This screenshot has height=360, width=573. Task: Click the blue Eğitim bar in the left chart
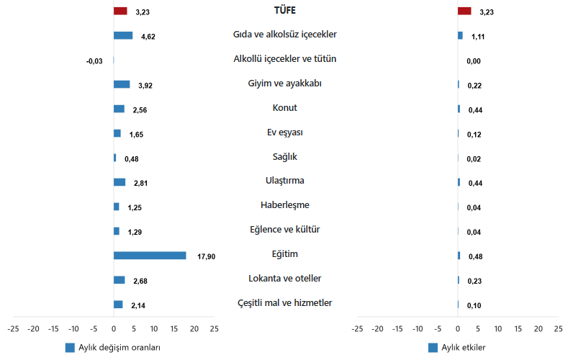click(x=150, y=255)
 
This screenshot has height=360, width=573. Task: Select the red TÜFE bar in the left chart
click(x=120, y=11)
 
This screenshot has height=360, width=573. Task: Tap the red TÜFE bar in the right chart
click(x=464, y=11)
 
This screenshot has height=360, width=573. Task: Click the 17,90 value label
click(x=206, y=256)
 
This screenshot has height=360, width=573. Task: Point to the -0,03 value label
click(x=94, y=61)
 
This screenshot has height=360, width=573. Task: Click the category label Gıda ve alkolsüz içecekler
click(x=285, y=34)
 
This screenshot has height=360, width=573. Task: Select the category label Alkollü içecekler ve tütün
click(x=285, y=58)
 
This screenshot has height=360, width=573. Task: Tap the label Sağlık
click(x=285, y=156)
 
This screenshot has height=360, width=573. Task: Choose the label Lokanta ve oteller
click(x=285, y=278)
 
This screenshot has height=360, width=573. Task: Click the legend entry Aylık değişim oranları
click(x=119, y=347)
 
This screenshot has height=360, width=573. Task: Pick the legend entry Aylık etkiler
click(x=463, y=347)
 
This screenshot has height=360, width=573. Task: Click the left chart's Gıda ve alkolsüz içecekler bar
click(x=123, y=35)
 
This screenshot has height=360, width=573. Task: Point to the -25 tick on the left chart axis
click(x=14, y=328)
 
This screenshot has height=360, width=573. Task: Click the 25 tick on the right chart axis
click(x=558, y=328)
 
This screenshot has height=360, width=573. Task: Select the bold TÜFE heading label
click(x=285, y=10)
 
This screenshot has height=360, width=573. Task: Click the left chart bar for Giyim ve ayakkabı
click(x=122, y=84)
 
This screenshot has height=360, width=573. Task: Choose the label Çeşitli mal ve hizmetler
click(x=285, y=302)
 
